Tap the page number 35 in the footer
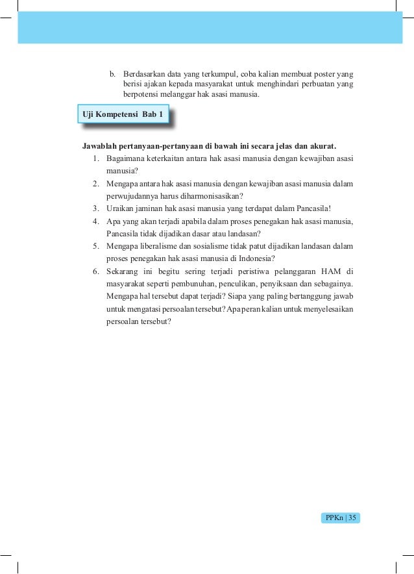pyautogui.click(x=354, y=518)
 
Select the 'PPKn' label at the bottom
pyautogui.click(x=334, y=518)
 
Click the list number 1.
pyautogui.click(x=95, y=158)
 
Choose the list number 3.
pyautogui.click(x=95, y=208)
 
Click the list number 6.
pyautogui.click(x=95, y=270)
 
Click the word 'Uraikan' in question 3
pyautogui.click(x=121, y=208)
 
